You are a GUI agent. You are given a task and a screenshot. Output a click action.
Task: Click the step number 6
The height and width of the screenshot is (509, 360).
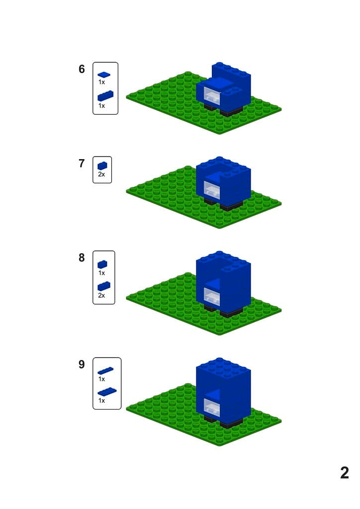click(x=82, y=69)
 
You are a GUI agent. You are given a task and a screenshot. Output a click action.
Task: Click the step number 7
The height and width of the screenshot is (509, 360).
click(x=82, y=163)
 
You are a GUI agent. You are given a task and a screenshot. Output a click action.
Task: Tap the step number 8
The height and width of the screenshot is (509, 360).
click(x=82, y=258)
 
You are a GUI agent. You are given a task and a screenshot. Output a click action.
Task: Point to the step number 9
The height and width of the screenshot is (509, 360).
click(x=82, y=364)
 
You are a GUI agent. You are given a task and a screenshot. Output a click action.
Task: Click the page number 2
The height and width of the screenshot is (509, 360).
click(x=345, y=473)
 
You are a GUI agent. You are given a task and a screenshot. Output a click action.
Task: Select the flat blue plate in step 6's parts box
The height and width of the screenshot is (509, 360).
click(x=104, y=75)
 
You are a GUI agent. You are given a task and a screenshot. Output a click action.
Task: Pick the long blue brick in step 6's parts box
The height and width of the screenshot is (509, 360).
click(x=105, y=96)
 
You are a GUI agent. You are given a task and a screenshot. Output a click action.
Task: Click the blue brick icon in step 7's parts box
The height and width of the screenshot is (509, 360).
click(x=102, y=166)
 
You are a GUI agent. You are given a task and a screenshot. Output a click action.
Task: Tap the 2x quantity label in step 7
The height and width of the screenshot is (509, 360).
click(x=101, y=174)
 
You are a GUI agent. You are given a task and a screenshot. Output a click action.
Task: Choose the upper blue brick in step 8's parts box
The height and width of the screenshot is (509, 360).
click(x=102, y=264)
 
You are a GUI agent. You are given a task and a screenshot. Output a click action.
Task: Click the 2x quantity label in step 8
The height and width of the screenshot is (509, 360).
click(x=101, y=295)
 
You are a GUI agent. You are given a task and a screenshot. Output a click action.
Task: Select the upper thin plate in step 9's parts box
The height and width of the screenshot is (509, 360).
click(x=105, y=370)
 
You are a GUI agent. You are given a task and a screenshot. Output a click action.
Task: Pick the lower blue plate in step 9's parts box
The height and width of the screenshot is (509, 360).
click(x=107, y=392)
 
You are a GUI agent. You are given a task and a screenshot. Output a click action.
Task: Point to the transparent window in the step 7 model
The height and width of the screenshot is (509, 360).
click(x=211, y=190)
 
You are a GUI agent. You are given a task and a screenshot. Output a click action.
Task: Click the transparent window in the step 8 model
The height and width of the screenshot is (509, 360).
click(x=211, y=296)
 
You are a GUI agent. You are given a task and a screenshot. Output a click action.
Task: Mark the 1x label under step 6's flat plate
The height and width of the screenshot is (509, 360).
click(x=101, y=83)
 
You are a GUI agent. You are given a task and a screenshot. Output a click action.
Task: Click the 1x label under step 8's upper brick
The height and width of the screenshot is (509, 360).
click(x=101, y=273)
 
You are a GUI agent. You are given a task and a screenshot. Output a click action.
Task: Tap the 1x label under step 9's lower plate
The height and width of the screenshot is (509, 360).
click(x=101, y=401)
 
